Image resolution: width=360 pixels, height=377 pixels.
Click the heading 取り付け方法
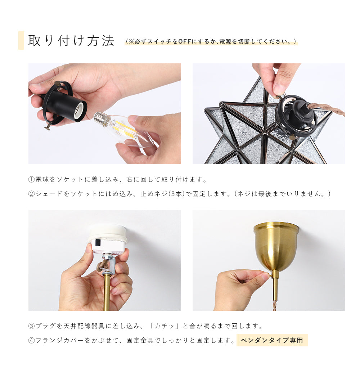tap(71, 40)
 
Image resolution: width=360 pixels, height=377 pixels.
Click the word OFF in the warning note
tap(184, 42)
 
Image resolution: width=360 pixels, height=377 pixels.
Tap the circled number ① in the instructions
tap(31, 180)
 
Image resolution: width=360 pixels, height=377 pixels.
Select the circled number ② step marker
tap(31, 194)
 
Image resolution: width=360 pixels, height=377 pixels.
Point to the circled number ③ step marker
tap(31, 326)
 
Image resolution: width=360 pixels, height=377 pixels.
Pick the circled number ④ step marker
tap(31, 341)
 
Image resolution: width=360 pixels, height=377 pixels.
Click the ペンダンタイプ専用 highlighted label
tap(272, 340)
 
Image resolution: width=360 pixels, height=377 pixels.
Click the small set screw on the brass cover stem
tap(271, 275)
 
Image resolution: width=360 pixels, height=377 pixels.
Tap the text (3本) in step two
tap(176, 194)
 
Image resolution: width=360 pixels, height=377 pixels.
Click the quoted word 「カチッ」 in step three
tap(164, 326)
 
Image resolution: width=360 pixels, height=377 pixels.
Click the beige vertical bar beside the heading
tap(21, 40)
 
